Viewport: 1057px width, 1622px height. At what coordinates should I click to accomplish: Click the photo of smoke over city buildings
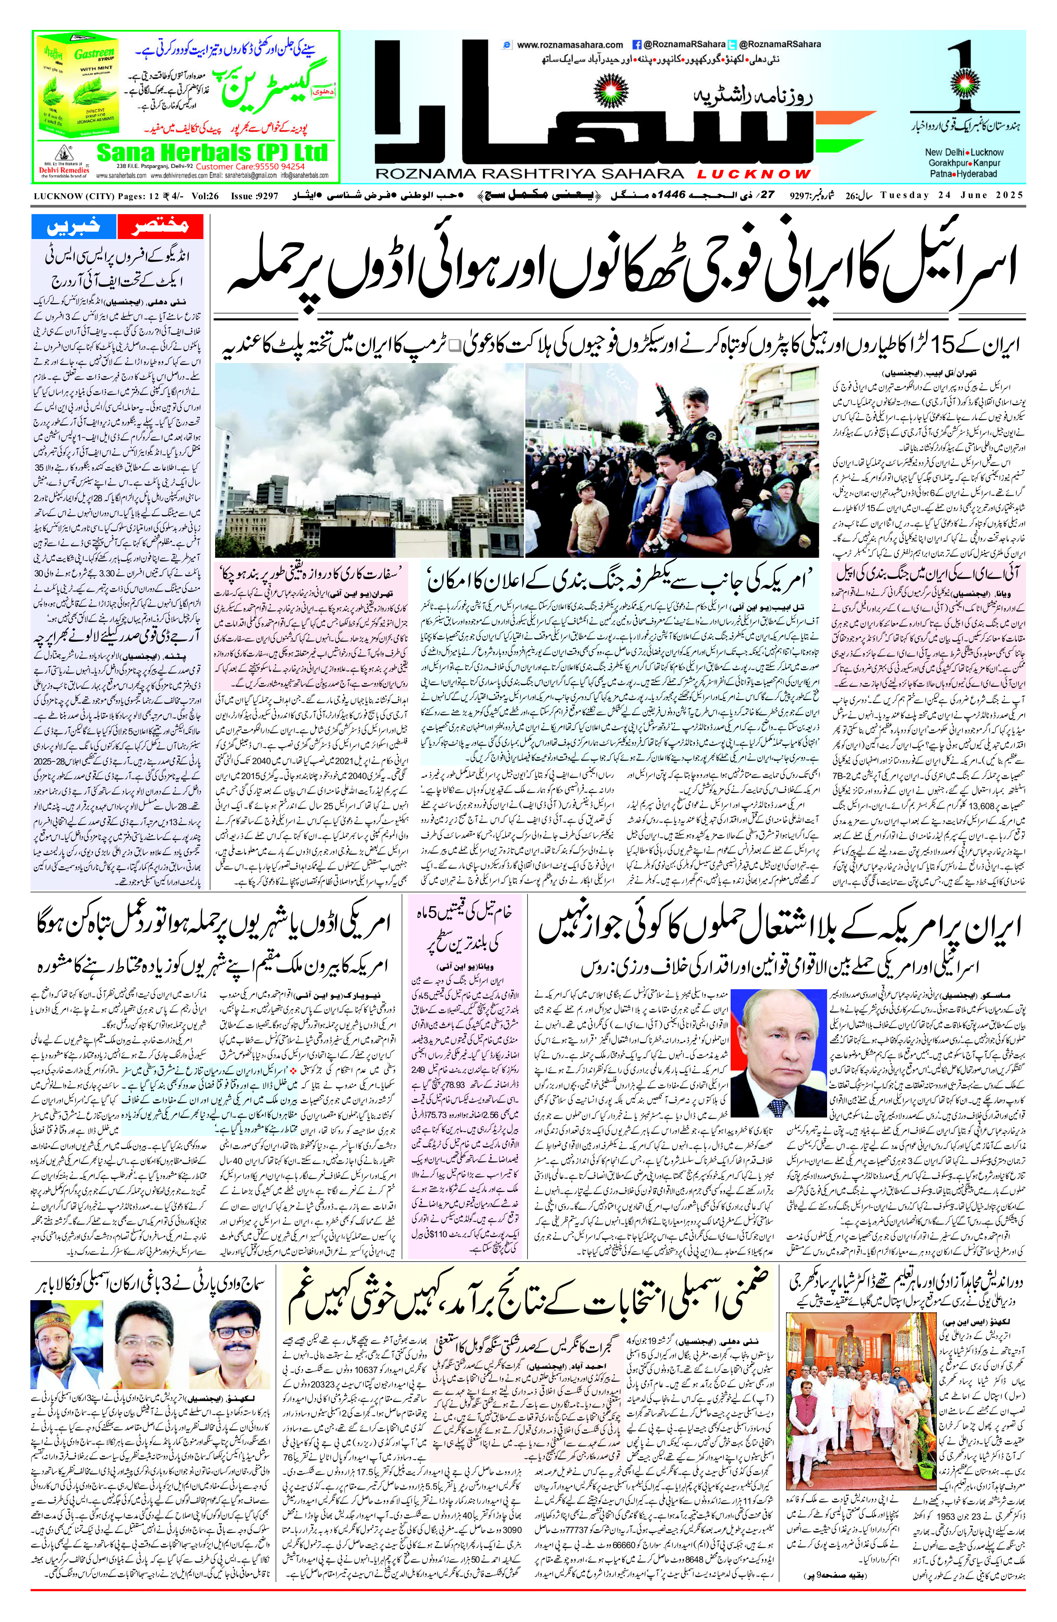tap(368, 460)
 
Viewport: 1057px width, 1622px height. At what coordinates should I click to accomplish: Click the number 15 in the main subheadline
tap(938, 349)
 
